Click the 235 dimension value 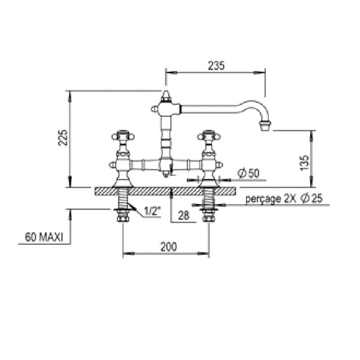tap(216, 65)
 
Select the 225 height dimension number tap(63, 138)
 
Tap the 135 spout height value tap(304, 163)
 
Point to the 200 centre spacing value tap(169, 247)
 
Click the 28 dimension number tap(184, 215)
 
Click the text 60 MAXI tap(44, 237)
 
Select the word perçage tap(263, 199)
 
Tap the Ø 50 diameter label tap(248, 173)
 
